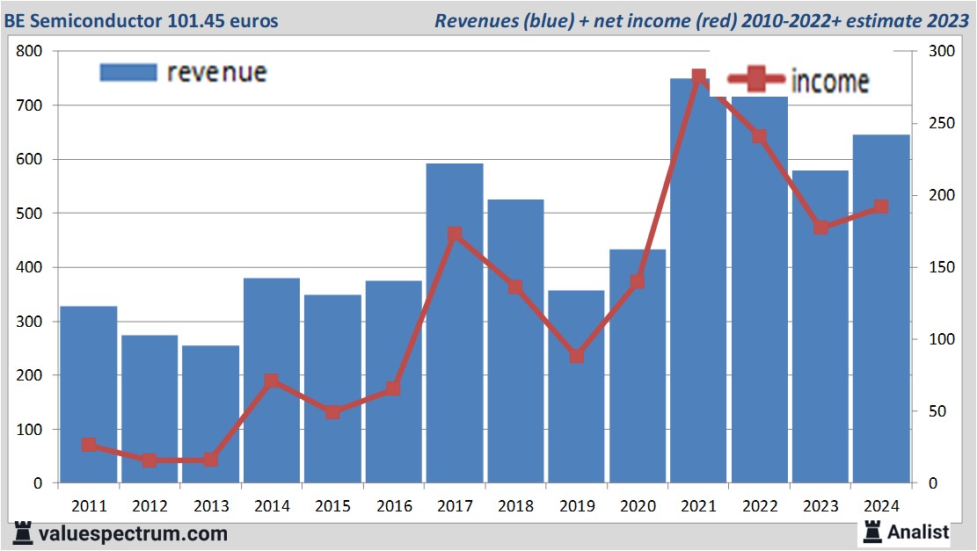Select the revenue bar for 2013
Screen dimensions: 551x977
(x=211, y=414)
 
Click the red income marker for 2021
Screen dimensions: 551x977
(x=699, y=77)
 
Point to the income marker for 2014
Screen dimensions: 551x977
(x=272, y=381)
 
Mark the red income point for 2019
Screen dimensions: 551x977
(x=577, y=356)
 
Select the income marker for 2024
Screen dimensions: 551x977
(x=881, y=207)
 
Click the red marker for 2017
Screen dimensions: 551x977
(x=455, y=235)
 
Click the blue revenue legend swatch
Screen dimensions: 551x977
(x=128, y=72)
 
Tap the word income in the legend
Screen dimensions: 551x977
(x=830, y=82)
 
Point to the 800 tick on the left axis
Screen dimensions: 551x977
(x=30, y=51)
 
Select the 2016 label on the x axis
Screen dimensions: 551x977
(x=394, y=506)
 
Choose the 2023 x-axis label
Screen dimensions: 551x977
(x=820, y=506)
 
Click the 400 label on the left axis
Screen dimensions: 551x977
(x=30, y=267)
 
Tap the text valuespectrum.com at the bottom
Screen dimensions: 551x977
(x=133, y=533)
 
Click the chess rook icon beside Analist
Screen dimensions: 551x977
(x=872, y=531)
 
